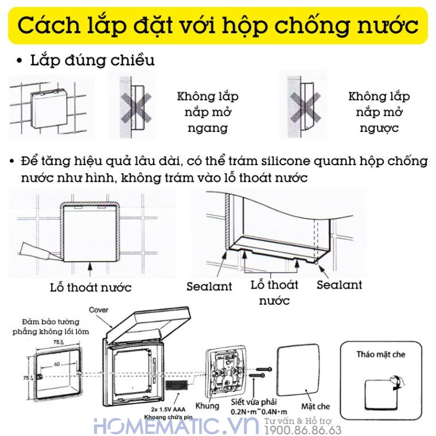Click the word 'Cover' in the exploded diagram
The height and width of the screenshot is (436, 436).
[x=99, y=310]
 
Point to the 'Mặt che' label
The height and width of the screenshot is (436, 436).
[x=316, y=406]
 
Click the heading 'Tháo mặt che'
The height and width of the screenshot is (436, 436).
[x=380, y=354]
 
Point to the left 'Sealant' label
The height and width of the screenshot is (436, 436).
[x=209, y=286]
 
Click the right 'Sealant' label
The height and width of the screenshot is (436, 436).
[x=339, y=285]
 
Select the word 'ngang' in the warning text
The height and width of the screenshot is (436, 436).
[x=207, y=127]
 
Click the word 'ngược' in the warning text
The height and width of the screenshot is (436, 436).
[x=379, y=127]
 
